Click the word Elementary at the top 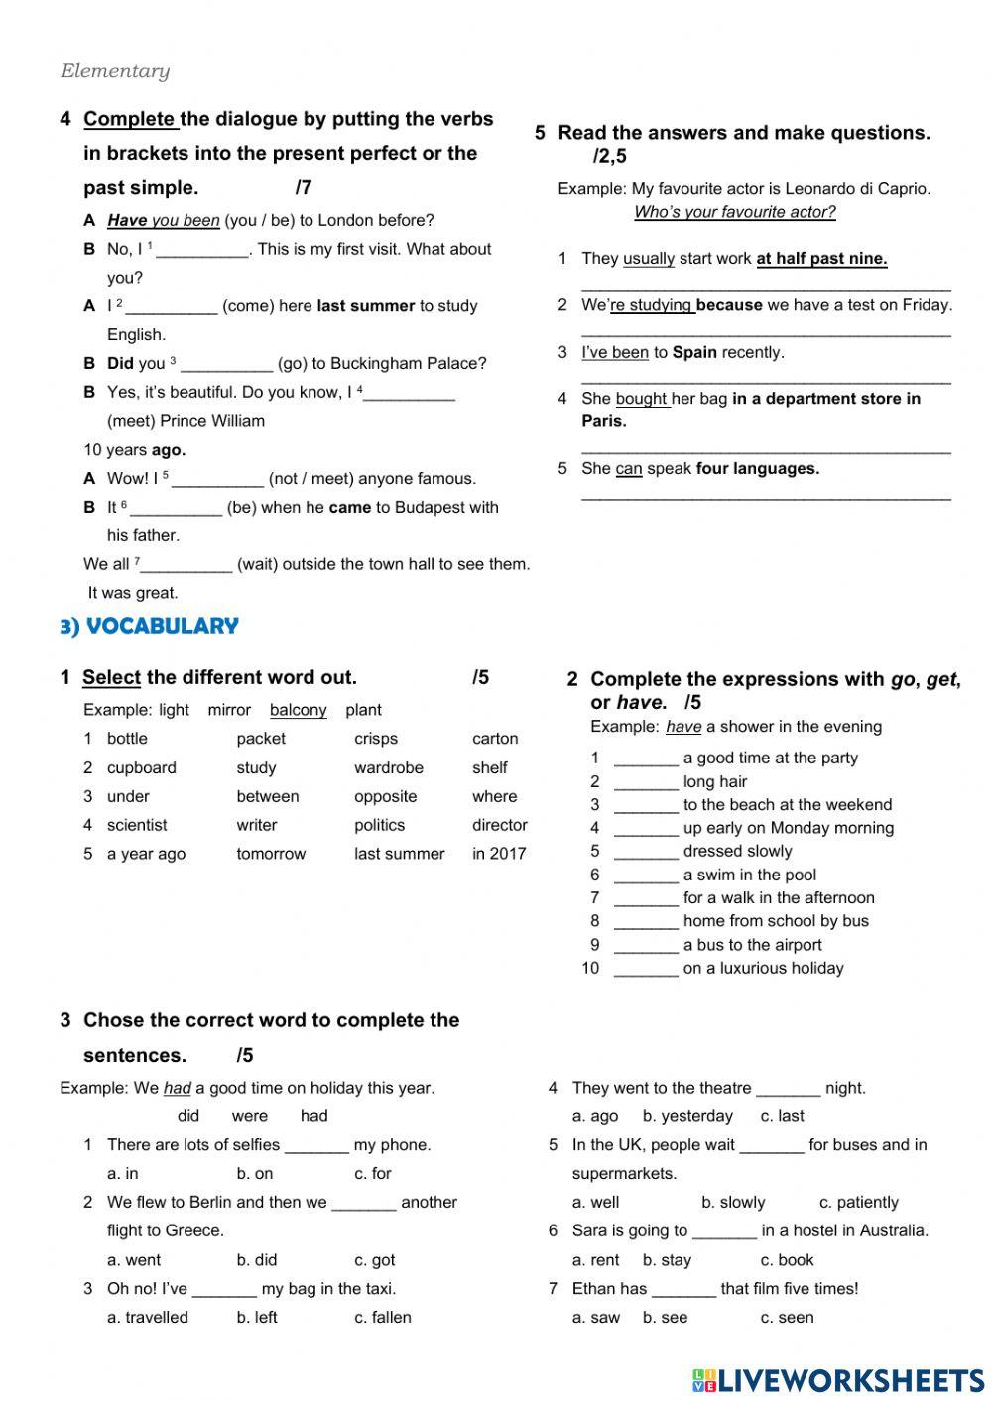(115, 71)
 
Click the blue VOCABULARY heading (150, 626)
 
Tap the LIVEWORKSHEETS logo (838, 1380)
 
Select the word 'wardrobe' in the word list (388, 767)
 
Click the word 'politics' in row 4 (379, 825)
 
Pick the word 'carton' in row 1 (495, 739)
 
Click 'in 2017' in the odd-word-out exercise (499, 854)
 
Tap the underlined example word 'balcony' (298, 710)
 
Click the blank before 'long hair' (646, 783)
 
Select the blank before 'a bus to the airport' (646, 947)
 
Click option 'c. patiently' (858, 1202)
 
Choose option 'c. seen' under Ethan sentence (787, 1317)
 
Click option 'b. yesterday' (687, 1116)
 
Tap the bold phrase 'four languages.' (758, 468)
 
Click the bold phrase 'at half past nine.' (821, 259)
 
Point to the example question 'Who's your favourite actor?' (734, 212)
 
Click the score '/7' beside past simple (304, 187)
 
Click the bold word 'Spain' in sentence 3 (694, 352)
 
